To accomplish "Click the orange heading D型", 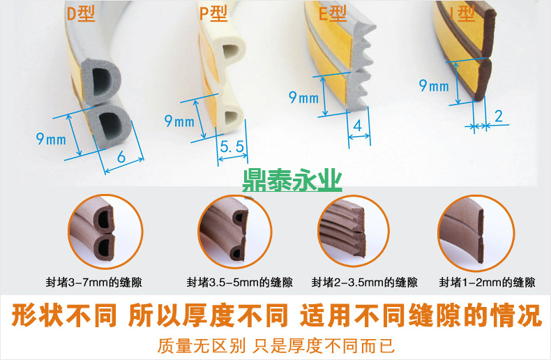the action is coord(80,13).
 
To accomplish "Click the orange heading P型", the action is coord(213,13).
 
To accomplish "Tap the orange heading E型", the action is coord(333,13).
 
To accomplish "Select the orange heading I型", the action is coord(463,13).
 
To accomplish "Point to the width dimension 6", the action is coord(121,157).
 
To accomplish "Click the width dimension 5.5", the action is coord(232,147).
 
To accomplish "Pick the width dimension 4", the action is coord(358,126).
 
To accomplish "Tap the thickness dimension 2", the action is coord(499,116).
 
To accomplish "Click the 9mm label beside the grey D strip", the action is coord(51,139).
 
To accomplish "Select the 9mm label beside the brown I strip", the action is coord(434,85).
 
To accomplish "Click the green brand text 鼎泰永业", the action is coord(292,181).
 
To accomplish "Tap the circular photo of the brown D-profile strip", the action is coord(105,232).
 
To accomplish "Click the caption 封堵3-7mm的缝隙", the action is coord(94,283).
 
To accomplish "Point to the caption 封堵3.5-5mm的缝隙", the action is coord(240,283).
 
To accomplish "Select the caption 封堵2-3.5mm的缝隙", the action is coord(364,283).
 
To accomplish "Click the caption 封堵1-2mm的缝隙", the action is coord(487,283).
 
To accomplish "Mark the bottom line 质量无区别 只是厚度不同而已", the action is coord(276,346).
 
